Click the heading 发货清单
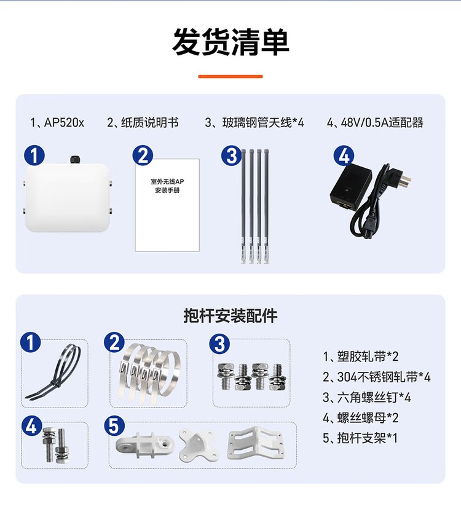(x=230, y=42)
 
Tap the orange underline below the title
(x=230, y=76)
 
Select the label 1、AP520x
(x=57, y=122)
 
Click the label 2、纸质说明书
(x=143, y=122)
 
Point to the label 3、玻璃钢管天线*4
(x=254, y=122)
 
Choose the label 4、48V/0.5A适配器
(x=375, y=122)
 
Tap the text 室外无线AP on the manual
(x=167, y=181)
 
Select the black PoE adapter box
(x=350, y=187)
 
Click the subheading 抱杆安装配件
(x=230, y=316)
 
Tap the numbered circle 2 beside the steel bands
(x=114, y=342)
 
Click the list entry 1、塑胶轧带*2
(x=361, y=356)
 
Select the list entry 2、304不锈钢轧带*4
(x=377, y=377)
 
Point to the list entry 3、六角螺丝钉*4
(x=366, y=398)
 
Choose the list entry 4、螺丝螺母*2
(x=361, y=417)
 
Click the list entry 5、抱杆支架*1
(x=360, y=438)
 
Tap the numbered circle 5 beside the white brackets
(x=114, y=426)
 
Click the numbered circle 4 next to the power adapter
(x=344, y=156)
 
